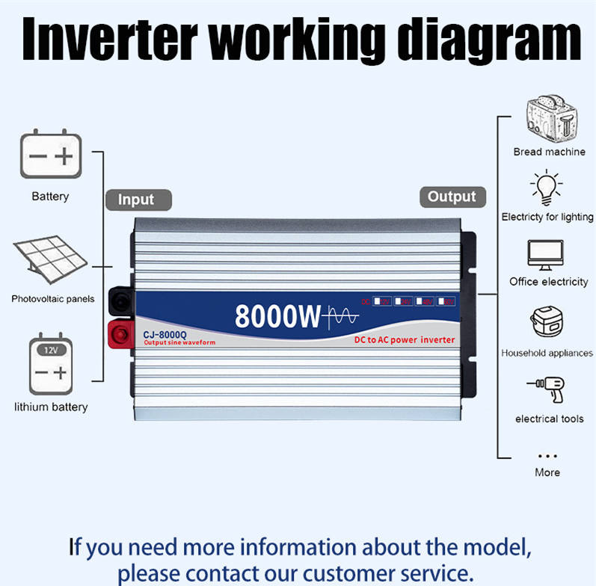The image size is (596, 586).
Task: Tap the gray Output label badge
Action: click(x=452, y=197)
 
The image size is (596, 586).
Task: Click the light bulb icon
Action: click(x=547, y=188)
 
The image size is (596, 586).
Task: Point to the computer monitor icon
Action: click(x=547, y=255)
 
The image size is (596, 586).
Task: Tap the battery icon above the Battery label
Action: click(x=50, y=155)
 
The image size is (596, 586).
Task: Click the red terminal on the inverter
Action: click(x=118, y=333)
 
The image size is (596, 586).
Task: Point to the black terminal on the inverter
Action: click(x=118, y=301)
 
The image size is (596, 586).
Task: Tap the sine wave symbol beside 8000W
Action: click(x=341, y=318)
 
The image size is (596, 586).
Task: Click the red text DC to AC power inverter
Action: click(x=404, y=340)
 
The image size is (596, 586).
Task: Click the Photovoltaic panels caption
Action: click(x=52, y=299)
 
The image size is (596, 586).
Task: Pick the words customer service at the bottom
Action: click(x=392, y=573)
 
